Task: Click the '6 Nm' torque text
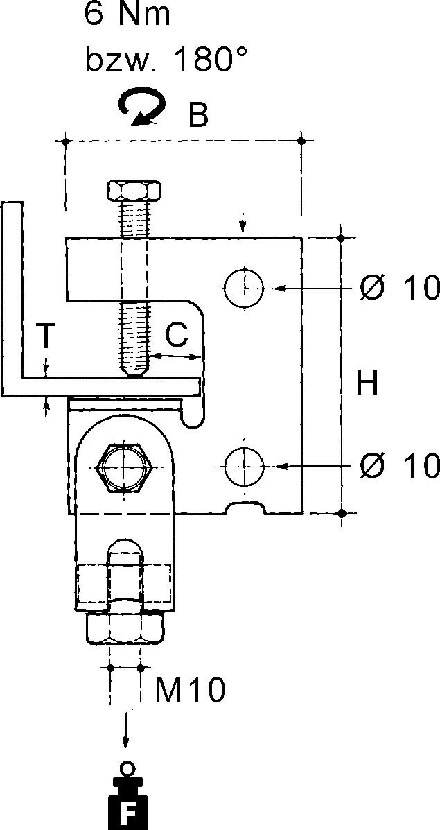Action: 127,15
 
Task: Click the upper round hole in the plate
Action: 244,288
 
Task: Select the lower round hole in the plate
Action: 244,467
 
